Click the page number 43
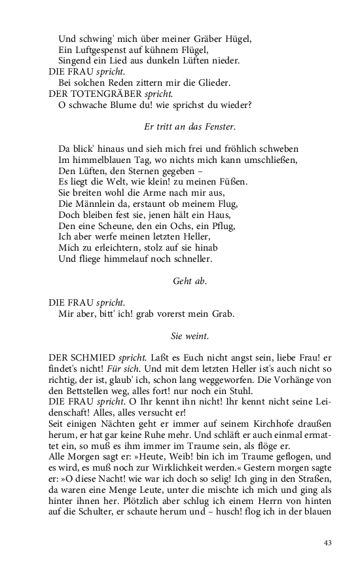point(328,542)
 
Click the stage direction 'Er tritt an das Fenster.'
point(190,126)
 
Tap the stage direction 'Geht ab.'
point(190,281)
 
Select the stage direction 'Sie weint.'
point(190,336)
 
